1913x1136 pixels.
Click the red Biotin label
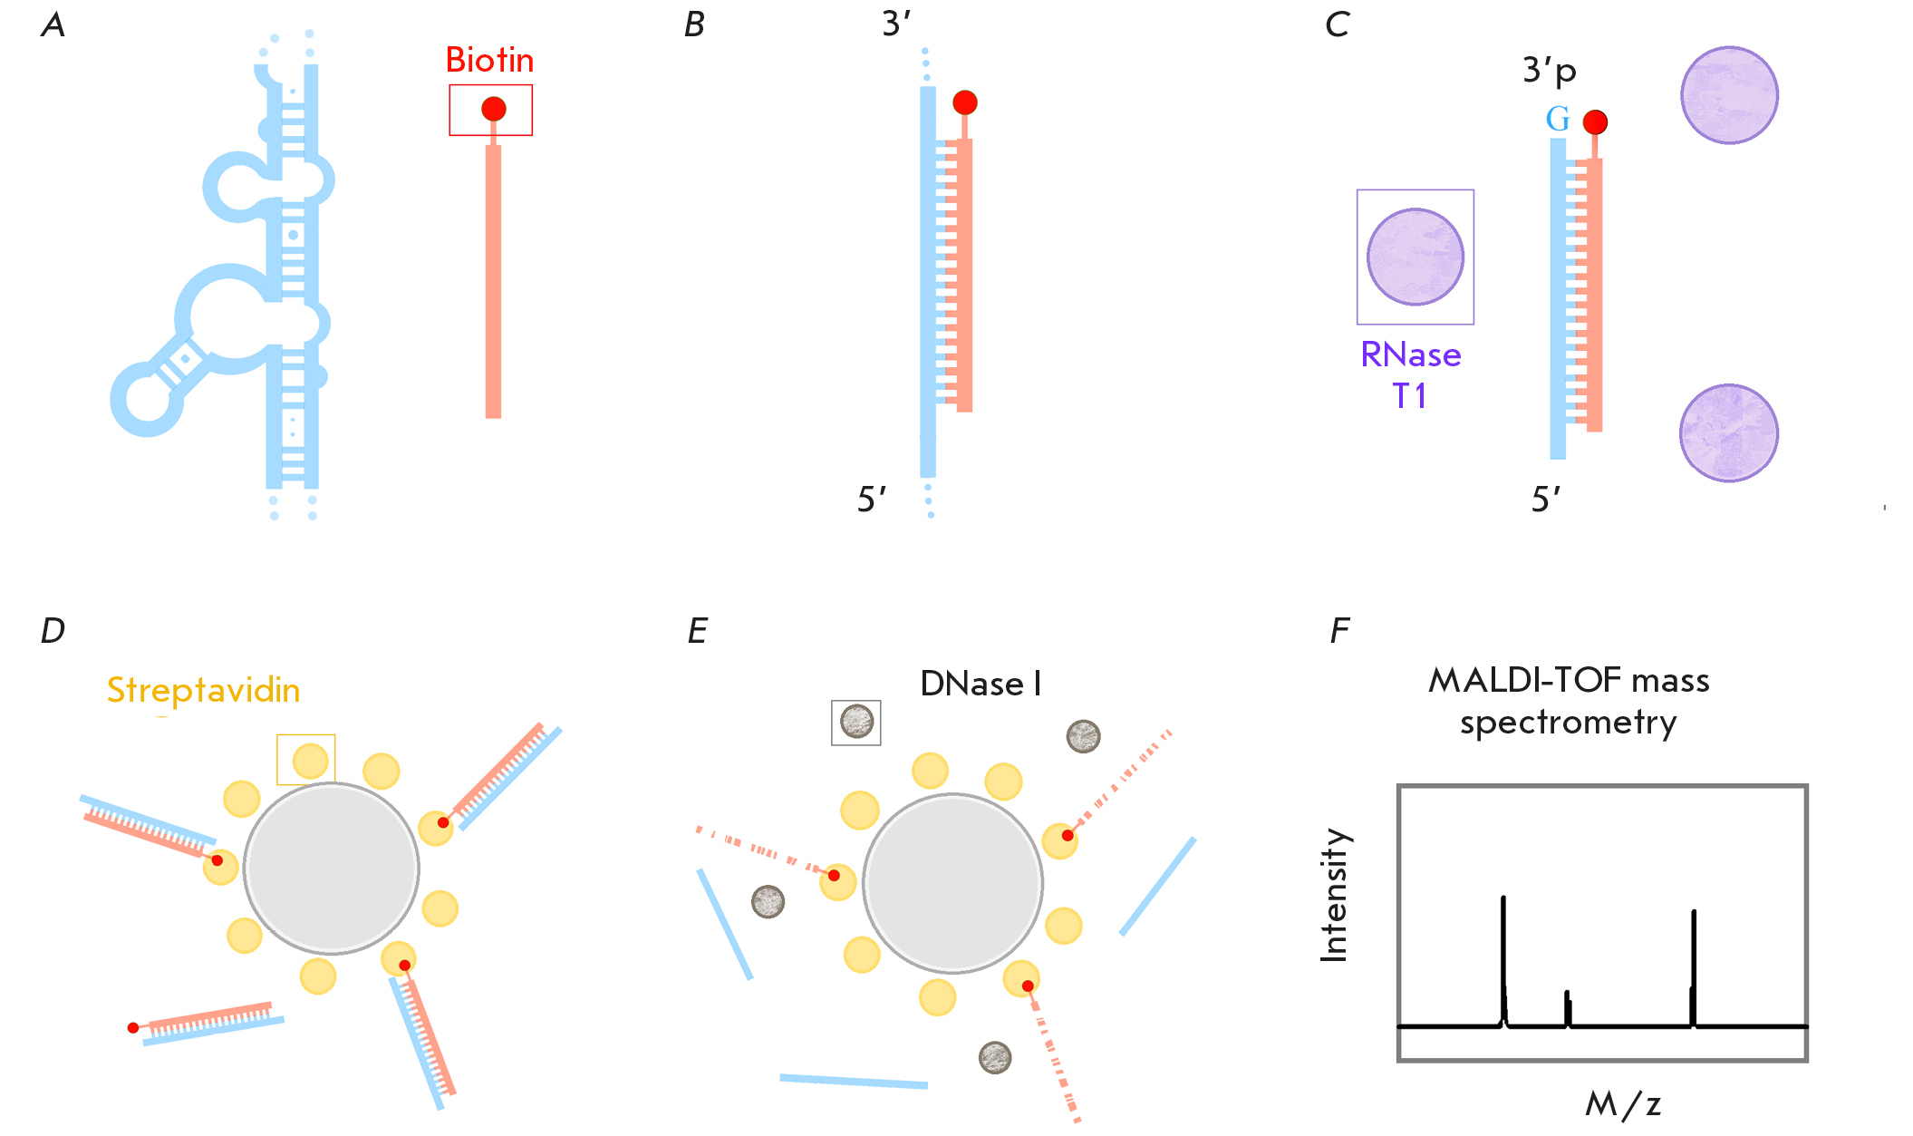(489, 61)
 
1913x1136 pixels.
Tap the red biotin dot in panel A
(493, 109)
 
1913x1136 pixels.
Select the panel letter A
(53, 25)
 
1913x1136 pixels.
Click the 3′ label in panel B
(896, 24)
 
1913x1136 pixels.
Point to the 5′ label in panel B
(872, 500)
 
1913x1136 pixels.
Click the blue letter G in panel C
(1557, 120)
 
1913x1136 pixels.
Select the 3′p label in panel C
(1550, 70)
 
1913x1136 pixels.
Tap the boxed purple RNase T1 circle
(1415, 257)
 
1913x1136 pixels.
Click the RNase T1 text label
(1411, 374)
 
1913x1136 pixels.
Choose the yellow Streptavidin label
(203, 691)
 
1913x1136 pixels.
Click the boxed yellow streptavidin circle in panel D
(310, 761)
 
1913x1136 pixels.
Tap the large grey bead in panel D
(332, 869)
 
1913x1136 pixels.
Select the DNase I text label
(981, 685)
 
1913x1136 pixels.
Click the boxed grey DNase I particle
(856, 723)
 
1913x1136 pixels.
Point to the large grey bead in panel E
(952, 883)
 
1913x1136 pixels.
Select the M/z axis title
(1623, 1104)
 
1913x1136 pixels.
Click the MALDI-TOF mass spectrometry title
(1569, 701)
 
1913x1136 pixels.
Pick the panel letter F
(1339, 631)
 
